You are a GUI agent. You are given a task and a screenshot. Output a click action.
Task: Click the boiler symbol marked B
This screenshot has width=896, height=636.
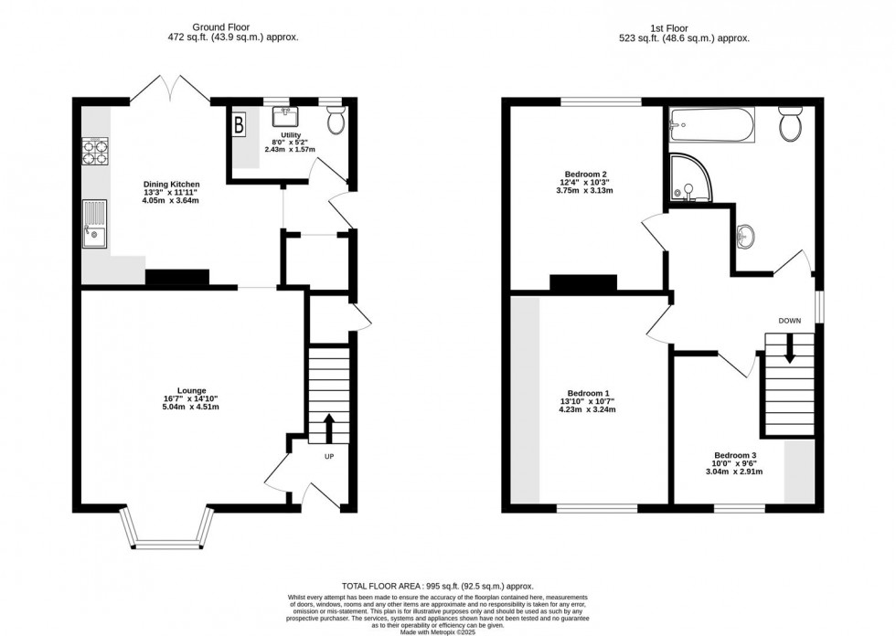tap(240, 125)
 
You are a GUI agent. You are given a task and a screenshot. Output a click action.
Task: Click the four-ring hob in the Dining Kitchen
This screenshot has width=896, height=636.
tap(96, 152)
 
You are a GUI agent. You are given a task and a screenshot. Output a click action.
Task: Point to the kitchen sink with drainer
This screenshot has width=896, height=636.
tap(94, 223)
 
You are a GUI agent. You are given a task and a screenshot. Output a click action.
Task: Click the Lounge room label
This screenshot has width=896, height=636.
tap(191, 390)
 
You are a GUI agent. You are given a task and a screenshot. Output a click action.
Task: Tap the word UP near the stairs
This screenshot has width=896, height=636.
tap(329, 456)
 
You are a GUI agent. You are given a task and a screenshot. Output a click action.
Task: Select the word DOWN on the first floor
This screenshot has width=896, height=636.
tap(790, 321)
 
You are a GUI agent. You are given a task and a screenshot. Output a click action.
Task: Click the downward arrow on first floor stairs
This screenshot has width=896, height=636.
tap(790, 348)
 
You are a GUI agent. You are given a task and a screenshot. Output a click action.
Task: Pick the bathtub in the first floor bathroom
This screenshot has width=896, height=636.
tap(712, 124)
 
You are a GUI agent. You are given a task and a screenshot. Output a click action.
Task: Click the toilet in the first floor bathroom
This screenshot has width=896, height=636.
tap(791, 124)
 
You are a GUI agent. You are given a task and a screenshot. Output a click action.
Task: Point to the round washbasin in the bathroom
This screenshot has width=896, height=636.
tap(744, 235)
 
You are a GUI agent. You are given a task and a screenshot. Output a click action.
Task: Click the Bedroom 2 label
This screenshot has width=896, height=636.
tap(585, 175)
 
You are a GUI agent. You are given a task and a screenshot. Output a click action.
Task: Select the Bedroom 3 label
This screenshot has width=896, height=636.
tap(734, 455)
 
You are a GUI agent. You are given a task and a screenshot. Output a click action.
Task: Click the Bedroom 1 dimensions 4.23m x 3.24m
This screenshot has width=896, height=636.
tap(588, 409)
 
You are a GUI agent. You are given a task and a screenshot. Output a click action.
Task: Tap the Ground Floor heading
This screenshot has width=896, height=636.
tap(220, 26)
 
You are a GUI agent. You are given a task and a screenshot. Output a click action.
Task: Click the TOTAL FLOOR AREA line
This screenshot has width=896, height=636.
tap(438, 586)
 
